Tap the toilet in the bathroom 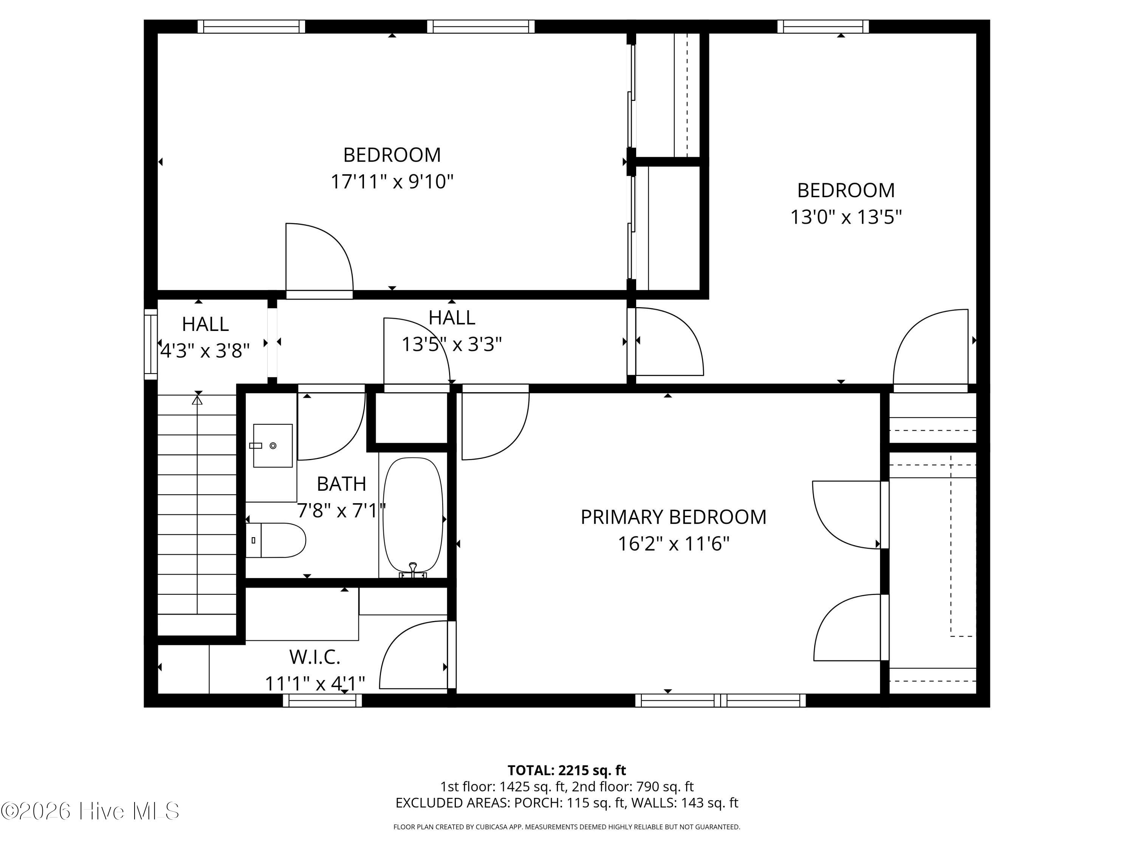click(x=276, y=540)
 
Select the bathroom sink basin click(x=273, y=446)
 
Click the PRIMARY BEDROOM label click(x=673, y=517)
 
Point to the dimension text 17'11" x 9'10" click(x=392, y=181)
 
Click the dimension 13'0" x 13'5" click(x=846, y=217)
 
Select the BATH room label click(x=341, y=484)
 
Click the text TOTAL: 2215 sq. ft click(x=567, y=770)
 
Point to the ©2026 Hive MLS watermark click(x=90, y=811)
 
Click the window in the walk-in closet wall click(x=322, y=700)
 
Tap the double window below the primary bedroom click(x=720, y=700)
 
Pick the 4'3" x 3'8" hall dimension click(x=205, y=351)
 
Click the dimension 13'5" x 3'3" click(x=452, y=344)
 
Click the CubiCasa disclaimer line click(x=567, y=827)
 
